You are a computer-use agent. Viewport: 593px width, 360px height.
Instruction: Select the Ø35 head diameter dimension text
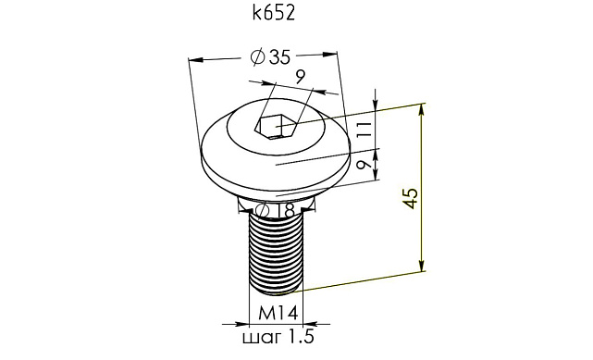coord(271,56)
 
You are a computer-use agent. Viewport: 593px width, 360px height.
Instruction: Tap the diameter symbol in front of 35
coord(260,57)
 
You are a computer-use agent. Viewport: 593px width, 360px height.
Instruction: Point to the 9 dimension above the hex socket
coord(300,77)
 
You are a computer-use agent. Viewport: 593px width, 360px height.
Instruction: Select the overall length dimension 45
coord(412,195)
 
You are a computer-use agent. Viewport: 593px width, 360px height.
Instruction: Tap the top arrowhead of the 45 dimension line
coord(424,110)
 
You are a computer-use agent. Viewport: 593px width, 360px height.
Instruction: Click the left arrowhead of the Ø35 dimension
coord(194,61)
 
